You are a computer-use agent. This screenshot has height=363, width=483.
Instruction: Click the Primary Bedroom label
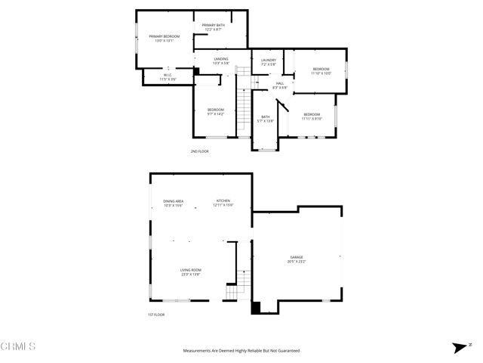point(164,39)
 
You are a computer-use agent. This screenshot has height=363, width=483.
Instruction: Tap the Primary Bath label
point(213,27)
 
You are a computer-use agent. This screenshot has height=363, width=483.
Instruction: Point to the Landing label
point(221,61)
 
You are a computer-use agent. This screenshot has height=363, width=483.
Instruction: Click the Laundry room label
point(268,63)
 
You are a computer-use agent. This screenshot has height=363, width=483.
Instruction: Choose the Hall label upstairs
point(280,85)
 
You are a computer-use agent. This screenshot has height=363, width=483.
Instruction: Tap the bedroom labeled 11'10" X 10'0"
point(321,71)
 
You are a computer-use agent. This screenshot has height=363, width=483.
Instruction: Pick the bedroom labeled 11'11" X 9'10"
point(312,116)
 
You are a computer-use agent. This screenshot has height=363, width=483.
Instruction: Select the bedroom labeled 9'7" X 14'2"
point(216,112)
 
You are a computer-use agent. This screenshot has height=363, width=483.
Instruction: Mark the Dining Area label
point(173,203)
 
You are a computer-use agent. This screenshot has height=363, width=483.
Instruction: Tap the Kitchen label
point(223,203)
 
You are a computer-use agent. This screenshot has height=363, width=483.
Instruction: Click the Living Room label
point(190,272)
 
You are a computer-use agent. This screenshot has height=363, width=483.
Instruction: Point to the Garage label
point(296,259)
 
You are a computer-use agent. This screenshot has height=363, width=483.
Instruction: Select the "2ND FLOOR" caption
point(200,151)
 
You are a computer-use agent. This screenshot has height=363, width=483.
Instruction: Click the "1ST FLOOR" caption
point(156,315)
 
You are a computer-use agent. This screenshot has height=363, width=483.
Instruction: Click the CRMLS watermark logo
point(18,347)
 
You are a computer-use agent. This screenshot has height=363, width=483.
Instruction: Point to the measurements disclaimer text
point(241,351)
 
